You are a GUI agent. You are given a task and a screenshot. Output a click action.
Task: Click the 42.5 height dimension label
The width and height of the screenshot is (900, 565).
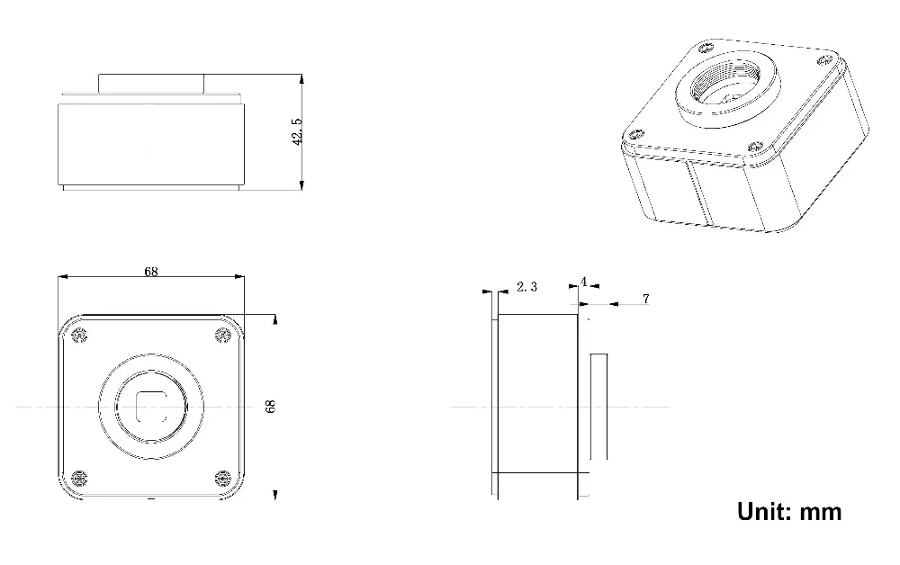297,131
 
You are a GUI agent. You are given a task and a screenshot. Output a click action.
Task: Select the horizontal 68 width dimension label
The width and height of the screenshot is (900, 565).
151,272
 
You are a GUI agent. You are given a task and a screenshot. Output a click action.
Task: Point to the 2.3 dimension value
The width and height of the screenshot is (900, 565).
526,286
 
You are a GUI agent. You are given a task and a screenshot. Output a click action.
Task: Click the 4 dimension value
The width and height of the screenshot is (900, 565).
584,282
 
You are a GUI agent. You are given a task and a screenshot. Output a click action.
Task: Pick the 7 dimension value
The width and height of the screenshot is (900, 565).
645,299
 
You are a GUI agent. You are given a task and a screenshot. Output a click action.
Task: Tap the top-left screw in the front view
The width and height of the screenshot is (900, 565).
79,336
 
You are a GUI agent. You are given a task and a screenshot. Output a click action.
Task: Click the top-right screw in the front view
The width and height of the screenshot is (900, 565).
222,336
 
